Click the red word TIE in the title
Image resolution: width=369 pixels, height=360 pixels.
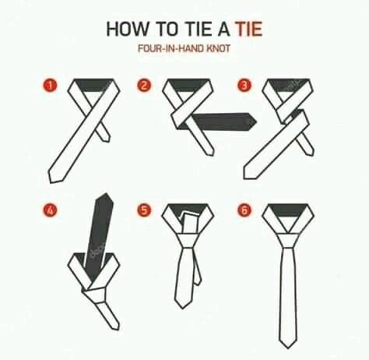point(248,29)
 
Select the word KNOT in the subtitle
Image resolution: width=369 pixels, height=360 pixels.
point(218,48)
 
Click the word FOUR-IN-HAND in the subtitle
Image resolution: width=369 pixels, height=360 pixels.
point(170,48)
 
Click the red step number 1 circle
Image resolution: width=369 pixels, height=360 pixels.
point(50,86)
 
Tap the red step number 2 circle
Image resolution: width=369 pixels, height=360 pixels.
point(144,86)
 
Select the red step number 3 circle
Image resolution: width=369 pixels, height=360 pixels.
point(244,86)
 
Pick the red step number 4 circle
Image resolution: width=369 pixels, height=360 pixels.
point(50,210)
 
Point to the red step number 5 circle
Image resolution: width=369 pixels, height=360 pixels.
point(144,210)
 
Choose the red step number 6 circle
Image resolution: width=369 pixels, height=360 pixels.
point(244,210)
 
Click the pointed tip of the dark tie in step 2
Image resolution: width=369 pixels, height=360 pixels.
point(256,122)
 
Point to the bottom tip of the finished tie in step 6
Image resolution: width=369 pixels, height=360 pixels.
point(287,348)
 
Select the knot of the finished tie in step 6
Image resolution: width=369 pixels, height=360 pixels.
point(288,240)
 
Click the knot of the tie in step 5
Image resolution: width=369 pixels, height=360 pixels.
point(188,241)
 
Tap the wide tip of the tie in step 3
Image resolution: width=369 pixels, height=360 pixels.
point(245,178)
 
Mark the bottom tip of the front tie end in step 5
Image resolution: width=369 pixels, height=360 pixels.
point(183,308)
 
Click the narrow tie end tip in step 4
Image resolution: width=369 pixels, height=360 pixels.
point(117,330)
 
